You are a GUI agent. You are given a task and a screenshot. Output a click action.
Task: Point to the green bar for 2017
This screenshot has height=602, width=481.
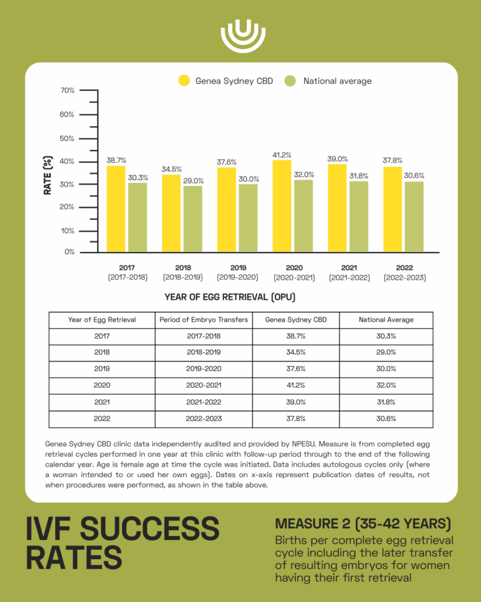(137, 217)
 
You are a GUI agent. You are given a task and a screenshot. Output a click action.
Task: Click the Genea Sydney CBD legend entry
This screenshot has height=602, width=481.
(225, 81)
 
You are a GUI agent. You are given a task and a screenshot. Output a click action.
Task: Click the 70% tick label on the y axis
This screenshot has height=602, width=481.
(68, 90)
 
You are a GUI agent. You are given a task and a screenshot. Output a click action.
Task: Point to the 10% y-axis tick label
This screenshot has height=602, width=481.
(68, 231)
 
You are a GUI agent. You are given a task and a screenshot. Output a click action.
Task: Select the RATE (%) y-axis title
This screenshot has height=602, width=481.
(48, 176)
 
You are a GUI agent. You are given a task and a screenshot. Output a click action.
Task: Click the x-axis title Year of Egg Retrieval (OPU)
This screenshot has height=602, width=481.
(230, 297)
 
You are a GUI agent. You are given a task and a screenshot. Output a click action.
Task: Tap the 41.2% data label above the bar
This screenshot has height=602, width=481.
(281, 155)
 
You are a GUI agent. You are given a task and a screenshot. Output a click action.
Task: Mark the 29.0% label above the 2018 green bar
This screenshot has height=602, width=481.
(194, 181)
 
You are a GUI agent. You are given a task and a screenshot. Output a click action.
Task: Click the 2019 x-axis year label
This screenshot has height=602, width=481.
(239, 268)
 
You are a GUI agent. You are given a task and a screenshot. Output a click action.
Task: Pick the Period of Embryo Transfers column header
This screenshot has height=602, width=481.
(204, 320)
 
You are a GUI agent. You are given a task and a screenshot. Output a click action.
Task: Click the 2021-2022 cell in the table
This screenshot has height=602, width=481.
(204, 403)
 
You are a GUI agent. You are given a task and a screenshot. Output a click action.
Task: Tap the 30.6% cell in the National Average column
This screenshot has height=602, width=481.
(386, 419)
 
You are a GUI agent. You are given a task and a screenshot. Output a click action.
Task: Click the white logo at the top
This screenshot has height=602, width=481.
(240, 36)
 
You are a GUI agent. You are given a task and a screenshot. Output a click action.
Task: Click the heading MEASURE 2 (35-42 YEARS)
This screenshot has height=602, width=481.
(363, 524)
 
